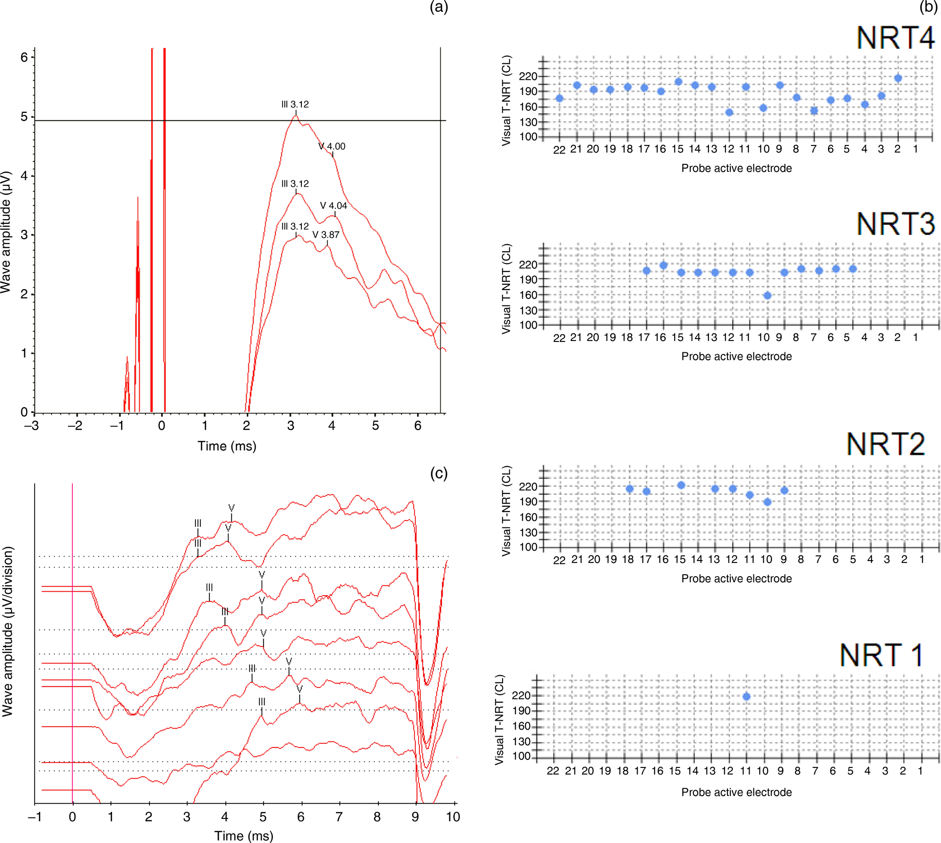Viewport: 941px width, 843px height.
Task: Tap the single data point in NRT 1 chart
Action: pyautogui.click(x=746, y=696)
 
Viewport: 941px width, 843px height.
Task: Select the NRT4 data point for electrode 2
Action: pyautogui.click(x=898, y=78)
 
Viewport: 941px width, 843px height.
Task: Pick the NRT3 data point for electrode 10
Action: pyautogui.click(x=767, y=296)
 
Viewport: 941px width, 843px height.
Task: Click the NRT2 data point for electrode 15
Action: pyautogui.click(x=681, y=485)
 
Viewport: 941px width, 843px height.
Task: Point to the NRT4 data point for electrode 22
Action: pyautogui.click(x=559, y=98)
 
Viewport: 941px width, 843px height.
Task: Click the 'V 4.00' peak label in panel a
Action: pyautogui.click(x=332, y=146)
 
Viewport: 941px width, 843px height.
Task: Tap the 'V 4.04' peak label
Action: pyautogui.click(x=334, y=205)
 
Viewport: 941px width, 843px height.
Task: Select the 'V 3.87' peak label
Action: pyautogui.click(x=325, y=235)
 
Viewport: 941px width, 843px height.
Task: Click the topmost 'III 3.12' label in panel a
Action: pyautogui.click(x=295, y=104)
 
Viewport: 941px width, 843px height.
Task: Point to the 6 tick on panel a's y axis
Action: pyautogui.click(x=24, y=57)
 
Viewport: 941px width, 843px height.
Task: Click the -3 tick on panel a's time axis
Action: pyautogui.click(x=32, y=426)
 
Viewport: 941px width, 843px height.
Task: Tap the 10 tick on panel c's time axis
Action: pyautogui.click(x=453, y=817)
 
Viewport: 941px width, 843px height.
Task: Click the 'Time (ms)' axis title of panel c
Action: pyautogui.click(x=243, y=835)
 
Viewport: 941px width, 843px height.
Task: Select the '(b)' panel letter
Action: pyautogui.click(x=928, y=7)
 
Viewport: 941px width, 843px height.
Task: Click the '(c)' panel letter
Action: pyautogui.click(x=438, y=473)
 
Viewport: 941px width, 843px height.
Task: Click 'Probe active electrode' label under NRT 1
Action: pyautogui.click(x=736, y=792)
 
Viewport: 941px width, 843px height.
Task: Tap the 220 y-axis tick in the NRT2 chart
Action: pyautogui.click(x=528, y=486)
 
